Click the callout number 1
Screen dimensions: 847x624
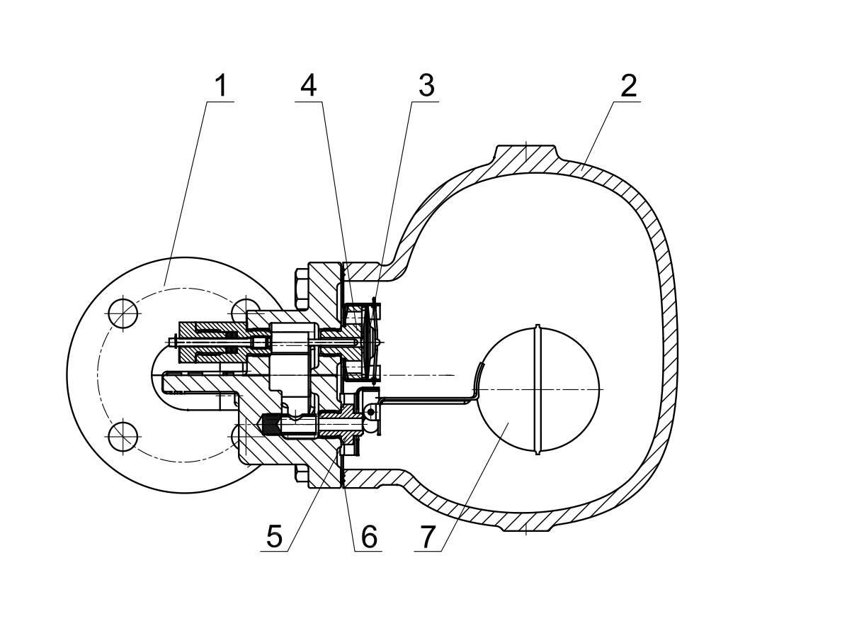[221, 87]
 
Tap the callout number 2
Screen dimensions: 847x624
[628, 87]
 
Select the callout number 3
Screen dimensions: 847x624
[426, 87]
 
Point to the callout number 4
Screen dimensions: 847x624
[309, 87]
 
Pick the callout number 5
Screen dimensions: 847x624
[274, 536]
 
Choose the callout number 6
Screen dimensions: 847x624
[369, 536]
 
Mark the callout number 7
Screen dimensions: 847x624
[427, 536]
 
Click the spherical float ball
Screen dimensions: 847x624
[538, 389]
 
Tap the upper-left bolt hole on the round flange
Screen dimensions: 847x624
[124, 313]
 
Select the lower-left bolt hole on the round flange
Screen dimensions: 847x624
[124, 437]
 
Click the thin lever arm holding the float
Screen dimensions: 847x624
[427, 399]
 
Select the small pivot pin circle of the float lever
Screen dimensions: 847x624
[370, 412]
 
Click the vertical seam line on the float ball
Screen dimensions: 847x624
[538, 389]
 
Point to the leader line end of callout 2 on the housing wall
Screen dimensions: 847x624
[583, 169]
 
